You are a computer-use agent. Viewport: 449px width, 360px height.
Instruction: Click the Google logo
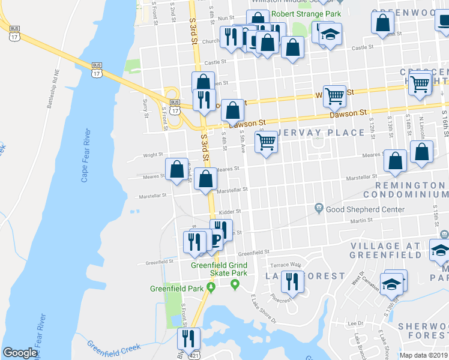pos(19,353)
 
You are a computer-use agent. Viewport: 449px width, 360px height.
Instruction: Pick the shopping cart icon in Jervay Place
pos(266,142)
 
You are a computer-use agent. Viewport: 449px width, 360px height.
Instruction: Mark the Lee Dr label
pos(352,323)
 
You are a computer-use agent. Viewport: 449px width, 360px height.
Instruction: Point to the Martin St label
pos(378,221)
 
